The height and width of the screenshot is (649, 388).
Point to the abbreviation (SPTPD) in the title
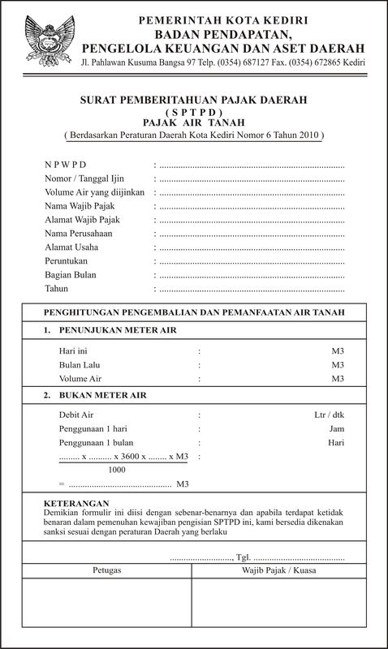pyautogui.click(x=193, y=110)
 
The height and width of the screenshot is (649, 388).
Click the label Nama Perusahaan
pyautogui.click(x=79, y=234)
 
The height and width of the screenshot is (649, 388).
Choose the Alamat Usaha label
pyautogui.click(x=71, y=247)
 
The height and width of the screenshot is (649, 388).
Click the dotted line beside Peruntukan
pyautogui.click(x=252, y=262)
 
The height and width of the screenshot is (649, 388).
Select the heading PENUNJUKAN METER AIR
pyautogui.click(x=117, y=332)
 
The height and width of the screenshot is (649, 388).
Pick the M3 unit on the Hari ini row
pyautogui.click(x=338, y=351)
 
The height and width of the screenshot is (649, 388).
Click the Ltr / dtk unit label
pyautogui.click(x=330, y=414)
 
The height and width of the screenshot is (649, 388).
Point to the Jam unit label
pyautogui.click(x=337, y=428)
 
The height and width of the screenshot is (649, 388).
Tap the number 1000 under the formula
pyautogui.click(x=117, y=470)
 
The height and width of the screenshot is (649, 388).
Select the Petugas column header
pyautogui.click(x=107, y=570)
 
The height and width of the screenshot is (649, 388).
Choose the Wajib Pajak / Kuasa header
pyautogui.click(x=281, y=570)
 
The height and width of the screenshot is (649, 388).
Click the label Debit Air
pyautogui.click(x=77, y=414)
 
